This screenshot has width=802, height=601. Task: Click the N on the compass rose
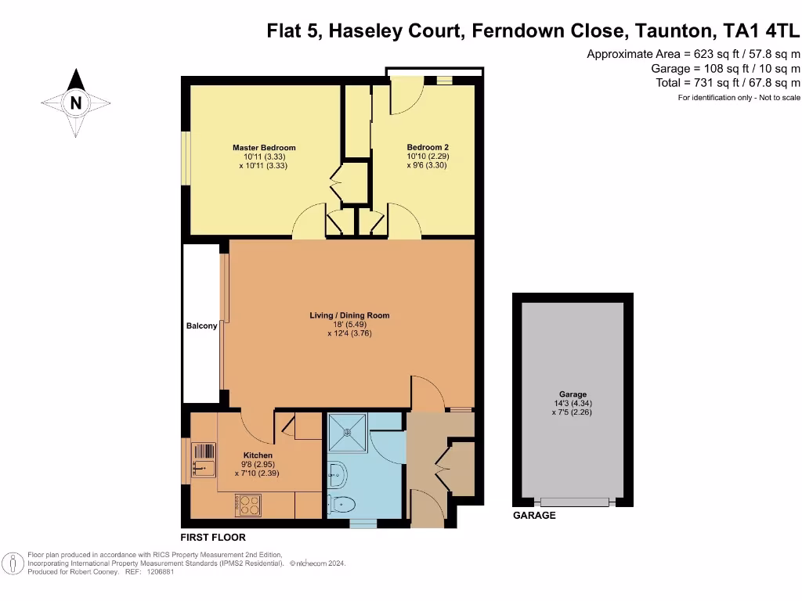tap(76, 103)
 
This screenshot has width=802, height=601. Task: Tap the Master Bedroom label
tap(264, 148)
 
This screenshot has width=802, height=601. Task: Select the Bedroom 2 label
tap(428, 147)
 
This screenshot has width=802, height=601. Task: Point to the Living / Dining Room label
tap(349, 315)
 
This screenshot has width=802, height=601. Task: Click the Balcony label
tap(201, 326)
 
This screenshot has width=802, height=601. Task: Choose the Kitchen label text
tap(258, 455)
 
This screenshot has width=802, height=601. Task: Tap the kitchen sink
tap(203, 460)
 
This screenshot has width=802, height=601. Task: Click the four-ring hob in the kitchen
tap(248, 505)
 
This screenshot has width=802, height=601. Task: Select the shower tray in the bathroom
tap(348, 432)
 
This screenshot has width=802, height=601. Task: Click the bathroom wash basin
tap(337, 475)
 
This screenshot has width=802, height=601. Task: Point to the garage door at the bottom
tap(574, 502)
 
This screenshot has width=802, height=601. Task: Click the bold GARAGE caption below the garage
tap(534, 515)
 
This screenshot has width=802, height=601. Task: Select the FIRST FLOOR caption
tap(213, 537)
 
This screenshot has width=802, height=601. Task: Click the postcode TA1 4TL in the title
tap(760, 31)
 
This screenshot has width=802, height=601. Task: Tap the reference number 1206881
tap(160, 572)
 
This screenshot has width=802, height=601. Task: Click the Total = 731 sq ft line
tap(728, 83)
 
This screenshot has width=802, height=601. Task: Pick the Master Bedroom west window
tap(186, 158)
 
